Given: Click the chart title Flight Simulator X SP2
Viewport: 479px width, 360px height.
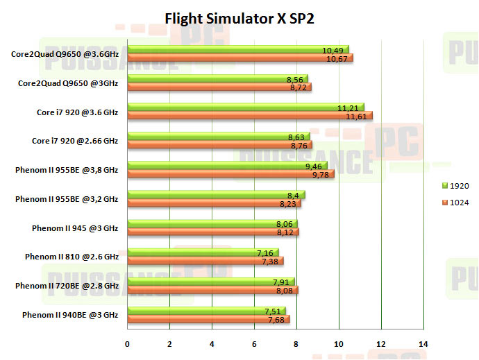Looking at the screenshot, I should tap(239, 18).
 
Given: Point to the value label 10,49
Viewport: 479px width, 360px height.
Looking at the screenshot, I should tap(332, 51).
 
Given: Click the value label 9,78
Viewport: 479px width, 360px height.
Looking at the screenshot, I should tap(321, 175).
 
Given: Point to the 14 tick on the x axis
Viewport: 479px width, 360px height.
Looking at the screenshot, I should tap(423, 344).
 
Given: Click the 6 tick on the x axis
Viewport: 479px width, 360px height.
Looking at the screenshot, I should tap(254, 344).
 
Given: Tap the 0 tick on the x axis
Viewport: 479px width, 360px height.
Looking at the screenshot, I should tap(127, 344).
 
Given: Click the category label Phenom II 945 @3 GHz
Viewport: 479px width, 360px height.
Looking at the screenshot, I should tap(75, 228).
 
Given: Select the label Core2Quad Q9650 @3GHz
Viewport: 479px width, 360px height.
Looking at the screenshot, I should tap(68, 83).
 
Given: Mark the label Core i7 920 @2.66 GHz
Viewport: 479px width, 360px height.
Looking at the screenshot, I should tap(75, 141).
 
